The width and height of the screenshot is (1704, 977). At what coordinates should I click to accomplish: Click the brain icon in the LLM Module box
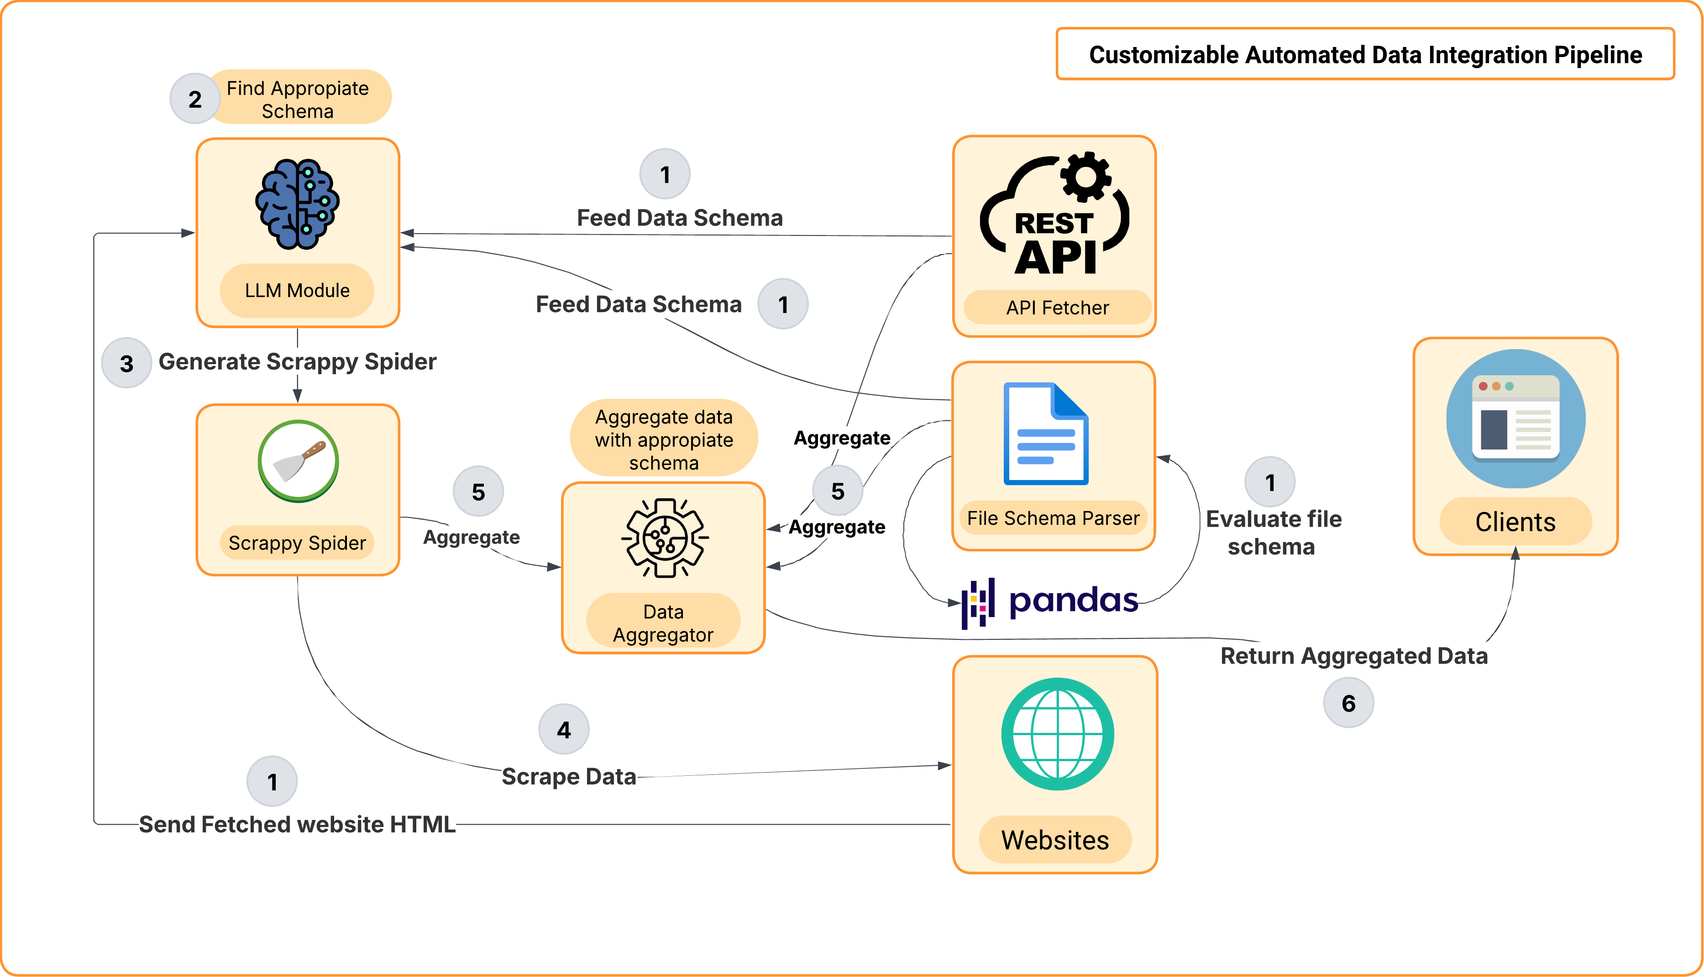click(297, 204)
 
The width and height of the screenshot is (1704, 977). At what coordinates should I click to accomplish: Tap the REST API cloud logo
click(1054, 215)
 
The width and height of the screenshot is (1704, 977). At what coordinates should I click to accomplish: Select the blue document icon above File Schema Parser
click(1046, 434)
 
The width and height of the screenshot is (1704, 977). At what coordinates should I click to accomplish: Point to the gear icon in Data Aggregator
click(665, 538)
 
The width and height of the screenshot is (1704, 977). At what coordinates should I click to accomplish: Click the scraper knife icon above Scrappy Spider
click(298, 461)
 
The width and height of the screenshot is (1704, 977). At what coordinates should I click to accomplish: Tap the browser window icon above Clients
click(1515, 419)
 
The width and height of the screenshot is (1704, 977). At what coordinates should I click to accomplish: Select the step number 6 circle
click(1348, 703)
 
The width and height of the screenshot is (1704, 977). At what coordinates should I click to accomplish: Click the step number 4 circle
click(564, 729)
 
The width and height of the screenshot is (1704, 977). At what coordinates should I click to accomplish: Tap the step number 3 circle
click(126, 363)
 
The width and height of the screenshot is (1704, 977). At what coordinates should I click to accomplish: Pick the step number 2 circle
click(194, 99)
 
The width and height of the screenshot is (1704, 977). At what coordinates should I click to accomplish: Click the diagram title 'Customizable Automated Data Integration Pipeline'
click(1365, 54)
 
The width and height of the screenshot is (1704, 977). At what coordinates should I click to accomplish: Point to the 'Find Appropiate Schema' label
click(298, 99)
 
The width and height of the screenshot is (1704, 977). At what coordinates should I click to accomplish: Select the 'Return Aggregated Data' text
click(1354, 656)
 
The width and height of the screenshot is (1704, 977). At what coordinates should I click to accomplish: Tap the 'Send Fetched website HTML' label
click(297, 824)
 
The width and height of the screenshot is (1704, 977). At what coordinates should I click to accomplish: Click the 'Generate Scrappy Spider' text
click(297, 362)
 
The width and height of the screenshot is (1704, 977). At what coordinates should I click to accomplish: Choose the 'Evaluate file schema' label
click(1273, 533)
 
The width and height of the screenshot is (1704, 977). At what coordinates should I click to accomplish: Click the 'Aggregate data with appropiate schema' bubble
click(664, 439)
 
